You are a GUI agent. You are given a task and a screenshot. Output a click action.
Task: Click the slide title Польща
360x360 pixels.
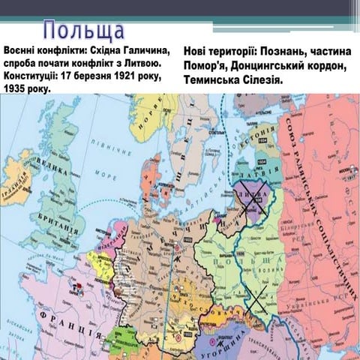[83, 31]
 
